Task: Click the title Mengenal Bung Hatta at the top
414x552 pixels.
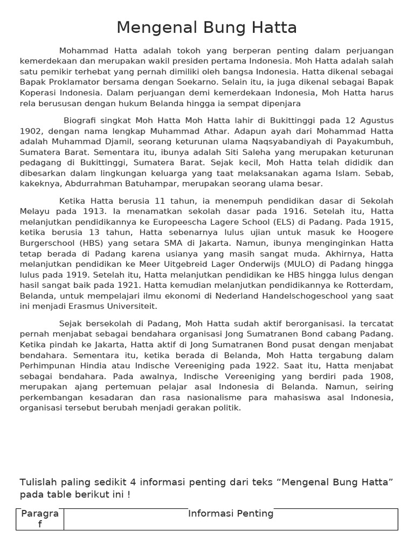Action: [206, 27]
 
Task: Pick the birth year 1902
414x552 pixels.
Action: [31, 130]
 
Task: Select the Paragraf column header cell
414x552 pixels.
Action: [40, 519]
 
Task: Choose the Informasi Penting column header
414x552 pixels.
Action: [231, 514]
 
